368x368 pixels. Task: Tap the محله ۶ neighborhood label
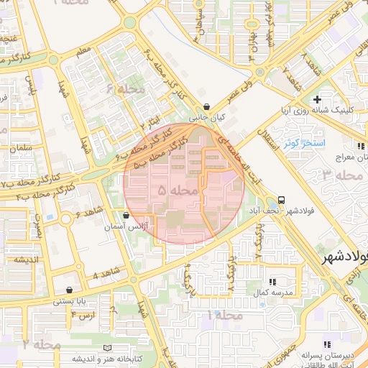click(x=126, y=89)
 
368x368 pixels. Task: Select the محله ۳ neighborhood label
click(x=342, y=175)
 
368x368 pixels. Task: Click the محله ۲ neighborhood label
click(x=40, y=344)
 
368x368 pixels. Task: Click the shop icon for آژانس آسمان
click(x=126, y=215)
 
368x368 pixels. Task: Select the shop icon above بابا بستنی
click(x=69, y=290)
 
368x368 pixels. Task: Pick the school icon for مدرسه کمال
click(x=272, y=281)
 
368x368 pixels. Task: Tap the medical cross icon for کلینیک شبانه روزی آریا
click(x=316, y=98)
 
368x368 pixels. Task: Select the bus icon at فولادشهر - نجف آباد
click(x=280, y=201)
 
